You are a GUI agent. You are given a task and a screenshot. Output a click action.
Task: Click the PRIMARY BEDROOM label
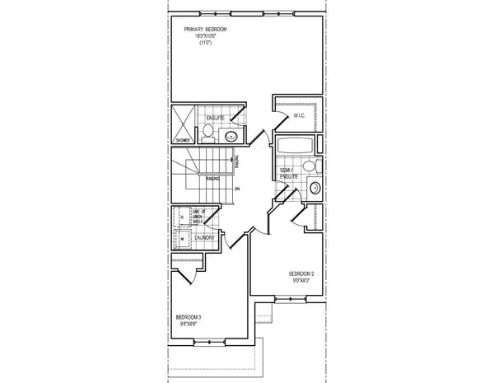205,30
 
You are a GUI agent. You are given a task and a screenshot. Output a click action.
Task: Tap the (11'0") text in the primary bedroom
205,43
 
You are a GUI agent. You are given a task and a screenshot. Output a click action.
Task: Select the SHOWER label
182,140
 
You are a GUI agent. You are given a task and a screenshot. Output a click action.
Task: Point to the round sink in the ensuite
231,137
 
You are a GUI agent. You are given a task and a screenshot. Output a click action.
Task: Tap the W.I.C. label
300,116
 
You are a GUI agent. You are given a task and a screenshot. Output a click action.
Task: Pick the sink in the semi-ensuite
314,189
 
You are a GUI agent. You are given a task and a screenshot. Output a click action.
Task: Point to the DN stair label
237,189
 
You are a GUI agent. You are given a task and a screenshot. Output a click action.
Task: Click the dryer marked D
182,218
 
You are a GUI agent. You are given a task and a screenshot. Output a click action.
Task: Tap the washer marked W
182,240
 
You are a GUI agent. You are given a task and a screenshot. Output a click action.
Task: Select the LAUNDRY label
206,238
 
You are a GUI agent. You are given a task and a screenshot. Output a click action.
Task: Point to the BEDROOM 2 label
301,273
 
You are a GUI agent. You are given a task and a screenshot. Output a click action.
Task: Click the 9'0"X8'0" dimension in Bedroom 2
301,281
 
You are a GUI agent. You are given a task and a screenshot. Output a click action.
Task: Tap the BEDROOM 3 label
189,317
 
